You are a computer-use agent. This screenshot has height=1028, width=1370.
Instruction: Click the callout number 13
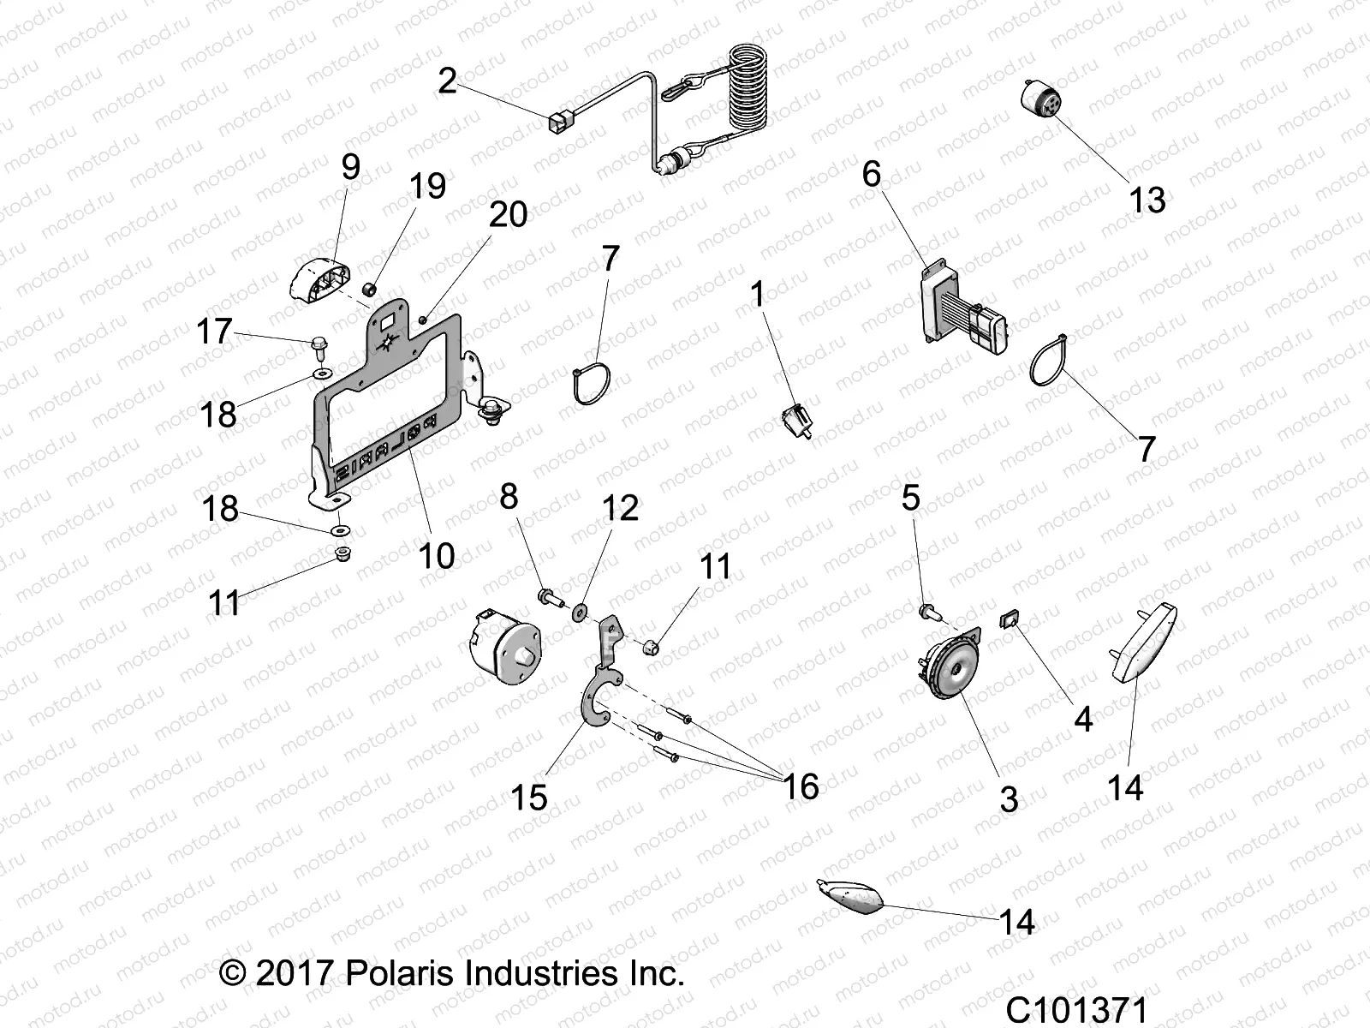(1147, 200)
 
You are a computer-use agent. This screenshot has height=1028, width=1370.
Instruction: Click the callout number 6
(871, 174)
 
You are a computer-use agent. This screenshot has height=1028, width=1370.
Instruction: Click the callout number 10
(436, 555)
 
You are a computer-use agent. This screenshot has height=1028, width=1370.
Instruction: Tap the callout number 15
(528, 798)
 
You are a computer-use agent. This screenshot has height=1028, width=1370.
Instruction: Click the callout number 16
(801, 786)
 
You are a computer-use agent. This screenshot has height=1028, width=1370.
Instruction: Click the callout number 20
(508, 214)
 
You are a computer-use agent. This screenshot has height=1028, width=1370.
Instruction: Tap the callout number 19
(427, 186)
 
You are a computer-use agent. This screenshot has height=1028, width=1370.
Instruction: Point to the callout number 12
(620, 508)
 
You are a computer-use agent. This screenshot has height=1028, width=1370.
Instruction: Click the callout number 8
(509, 496)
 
